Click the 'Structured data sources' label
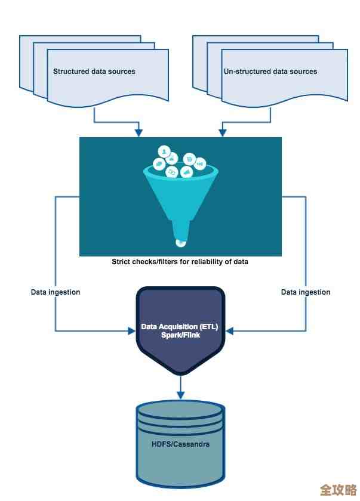coord(94,72)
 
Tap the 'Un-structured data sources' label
coord(270,72)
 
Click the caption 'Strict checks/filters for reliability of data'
coord(180,261)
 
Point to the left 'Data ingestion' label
coord(56,292)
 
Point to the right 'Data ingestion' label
coord(306,292)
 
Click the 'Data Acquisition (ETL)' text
coord(180,327)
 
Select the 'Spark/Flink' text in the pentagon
coord(180,335)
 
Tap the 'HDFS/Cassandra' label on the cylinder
coord(180,444)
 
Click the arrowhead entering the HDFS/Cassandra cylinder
coord(180,395)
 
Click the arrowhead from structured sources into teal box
coord(139,131)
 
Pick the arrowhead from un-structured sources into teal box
coord(222,131)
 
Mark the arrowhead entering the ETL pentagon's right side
coord(229,330)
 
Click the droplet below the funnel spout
coord(180,242)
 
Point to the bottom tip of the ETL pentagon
coord(180,374)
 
